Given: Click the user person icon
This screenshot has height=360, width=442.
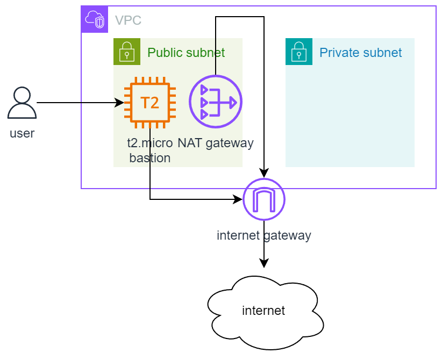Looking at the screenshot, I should coord(22,103).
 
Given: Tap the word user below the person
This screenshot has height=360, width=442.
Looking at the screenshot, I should coord(22,133).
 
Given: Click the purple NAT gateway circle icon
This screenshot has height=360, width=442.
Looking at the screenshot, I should coord(216,102).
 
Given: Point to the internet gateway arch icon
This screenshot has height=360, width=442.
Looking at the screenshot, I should coord(264,199).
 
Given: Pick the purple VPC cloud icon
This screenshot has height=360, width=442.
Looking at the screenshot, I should coord(95,20).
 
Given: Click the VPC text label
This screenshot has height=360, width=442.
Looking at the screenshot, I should coord(128,21).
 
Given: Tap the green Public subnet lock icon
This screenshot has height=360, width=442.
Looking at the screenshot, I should coord(126,52).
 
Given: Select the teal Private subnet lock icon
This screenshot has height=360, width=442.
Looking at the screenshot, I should coord(298,52).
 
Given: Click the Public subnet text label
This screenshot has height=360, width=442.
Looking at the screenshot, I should coord(186,53).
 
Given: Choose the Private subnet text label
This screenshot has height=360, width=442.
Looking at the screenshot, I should coord(360,53).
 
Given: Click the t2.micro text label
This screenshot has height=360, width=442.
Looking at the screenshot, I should coord(150,143).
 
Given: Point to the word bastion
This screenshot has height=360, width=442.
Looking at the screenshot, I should coord(150,158).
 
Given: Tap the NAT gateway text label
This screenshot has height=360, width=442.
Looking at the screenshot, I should coord(215,143).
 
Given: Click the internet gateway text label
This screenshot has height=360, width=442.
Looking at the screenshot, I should coord(263,235).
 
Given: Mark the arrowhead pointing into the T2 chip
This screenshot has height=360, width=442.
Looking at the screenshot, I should coord(121,102).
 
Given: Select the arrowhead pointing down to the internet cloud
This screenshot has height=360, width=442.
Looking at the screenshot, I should coord(264,264).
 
